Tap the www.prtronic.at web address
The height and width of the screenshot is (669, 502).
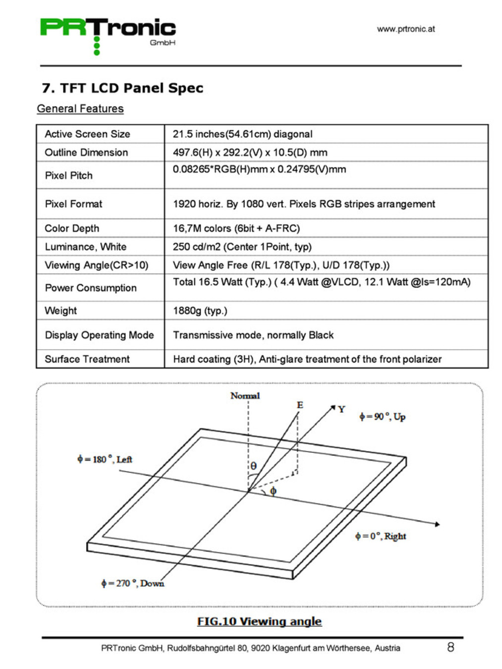(405, 29)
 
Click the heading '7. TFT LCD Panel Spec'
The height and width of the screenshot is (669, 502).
(122, 88)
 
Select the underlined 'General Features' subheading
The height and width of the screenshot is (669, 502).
(80, 109)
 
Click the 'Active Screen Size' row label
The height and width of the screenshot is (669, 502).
(87, 134)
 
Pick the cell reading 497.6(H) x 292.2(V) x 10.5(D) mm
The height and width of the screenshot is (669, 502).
(250, 152)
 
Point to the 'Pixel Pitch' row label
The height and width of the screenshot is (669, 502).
(68, 175)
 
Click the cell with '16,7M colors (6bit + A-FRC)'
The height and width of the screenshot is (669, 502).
(236, 228)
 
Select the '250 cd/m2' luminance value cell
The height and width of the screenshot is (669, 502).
(242, 246)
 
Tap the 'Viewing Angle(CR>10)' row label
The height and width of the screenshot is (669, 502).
(96, 265)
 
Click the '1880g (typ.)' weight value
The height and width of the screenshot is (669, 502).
(200, 310)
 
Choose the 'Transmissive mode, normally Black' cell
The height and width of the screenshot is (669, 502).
(253, 335)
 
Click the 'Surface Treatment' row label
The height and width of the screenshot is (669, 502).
(87, 359)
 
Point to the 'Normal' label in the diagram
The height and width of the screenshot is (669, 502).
(245, 395)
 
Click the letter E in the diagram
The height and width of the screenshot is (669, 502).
(300, 405)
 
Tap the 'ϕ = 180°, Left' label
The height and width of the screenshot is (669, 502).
(105, 459)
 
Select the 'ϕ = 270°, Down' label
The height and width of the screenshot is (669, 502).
(132, 583)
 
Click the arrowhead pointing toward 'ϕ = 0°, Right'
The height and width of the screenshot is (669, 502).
(437, 524)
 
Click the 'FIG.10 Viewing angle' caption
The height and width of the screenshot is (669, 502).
(259, 621)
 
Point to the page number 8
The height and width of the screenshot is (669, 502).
(450, 647)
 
